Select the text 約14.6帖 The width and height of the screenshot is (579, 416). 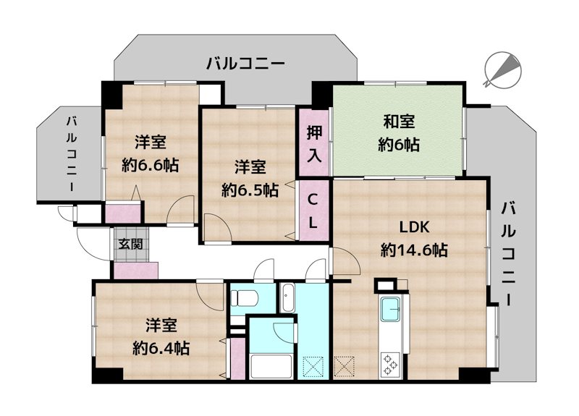[x=413, y=250]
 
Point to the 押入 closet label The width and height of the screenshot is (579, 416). [x=314, y=142]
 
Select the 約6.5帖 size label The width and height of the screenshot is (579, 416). [x=250, y=190]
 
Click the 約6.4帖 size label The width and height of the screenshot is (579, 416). [x=161, y=348]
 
